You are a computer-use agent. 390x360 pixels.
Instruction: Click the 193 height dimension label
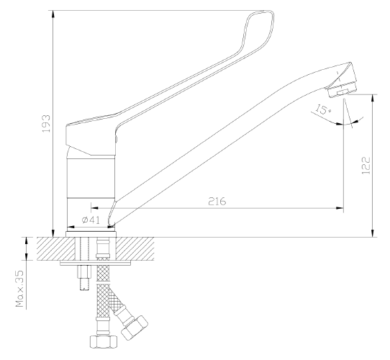point(47,124)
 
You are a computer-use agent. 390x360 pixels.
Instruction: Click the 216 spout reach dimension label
point(217,201)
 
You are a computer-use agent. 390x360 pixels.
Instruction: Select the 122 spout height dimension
point(366,166)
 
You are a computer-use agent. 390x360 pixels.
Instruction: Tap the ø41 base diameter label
point(91,220)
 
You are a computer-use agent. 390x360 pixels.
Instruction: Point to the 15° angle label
point(323,109)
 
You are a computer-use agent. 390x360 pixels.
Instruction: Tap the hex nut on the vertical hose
point(103,341)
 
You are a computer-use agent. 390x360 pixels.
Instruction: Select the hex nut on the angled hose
point(135,328)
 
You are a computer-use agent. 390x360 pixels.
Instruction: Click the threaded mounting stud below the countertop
point(85,278)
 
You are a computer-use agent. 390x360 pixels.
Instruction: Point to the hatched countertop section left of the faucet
point(56,248)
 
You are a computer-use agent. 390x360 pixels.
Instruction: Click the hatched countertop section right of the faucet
point(135,248)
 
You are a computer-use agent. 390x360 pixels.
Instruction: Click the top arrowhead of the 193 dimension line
point(53,14)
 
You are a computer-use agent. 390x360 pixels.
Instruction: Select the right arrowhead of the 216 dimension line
point(340,208)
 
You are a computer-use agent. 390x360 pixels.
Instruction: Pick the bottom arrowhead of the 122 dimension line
point(372,233)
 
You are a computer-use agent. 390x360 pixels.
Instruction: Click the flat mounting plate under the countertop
point(96,263)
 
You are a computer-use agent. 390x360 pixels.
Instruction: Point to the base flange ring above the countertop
point(91,234)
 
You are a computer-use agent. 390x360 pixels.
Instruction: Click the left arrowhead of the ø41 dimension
point(71,227)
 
